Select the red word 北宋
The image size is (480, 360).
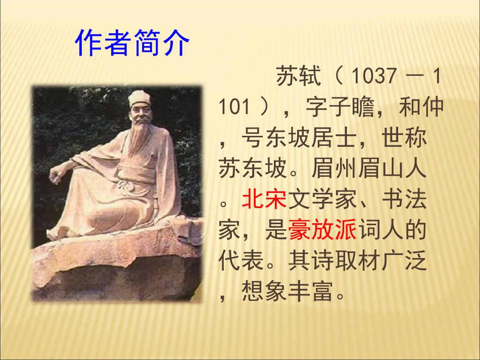(264, 200)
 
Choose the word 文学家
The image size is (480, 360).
(322, 200)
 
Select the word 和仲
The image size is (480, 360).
(421, 108)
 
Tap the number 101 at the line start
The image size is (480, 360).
(234, 108)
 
